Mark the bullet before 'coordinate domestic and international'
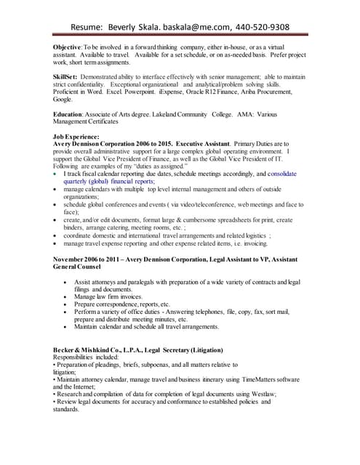(x=57, y=235)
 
